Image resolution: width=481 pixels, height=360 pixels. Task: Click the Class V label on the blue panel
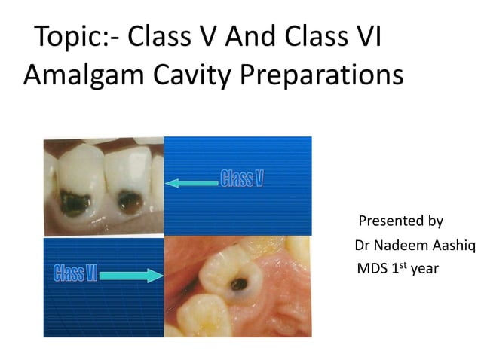point(242,178)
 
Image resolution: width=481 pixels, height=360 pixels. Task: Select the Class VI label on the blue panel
point(74,272)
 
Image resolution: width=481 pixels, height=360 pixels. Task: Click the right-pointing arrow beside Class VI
point(131,276)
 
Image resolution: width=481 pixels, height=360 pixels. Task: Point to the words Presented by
point(400,221)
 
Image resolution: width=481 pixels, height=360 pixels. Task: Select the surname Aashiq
point(455,246)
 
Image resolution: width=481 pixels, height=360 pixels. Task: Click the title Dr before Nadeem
point(362,246)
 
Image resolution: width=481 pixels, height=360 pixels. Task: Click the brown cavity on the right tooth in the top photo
point(132,202)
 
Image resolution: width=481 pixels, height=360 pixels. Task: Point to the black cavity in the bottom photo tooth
point(240,284)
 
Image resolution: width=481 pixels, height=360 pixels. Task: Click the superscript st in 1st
point(402,264)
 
